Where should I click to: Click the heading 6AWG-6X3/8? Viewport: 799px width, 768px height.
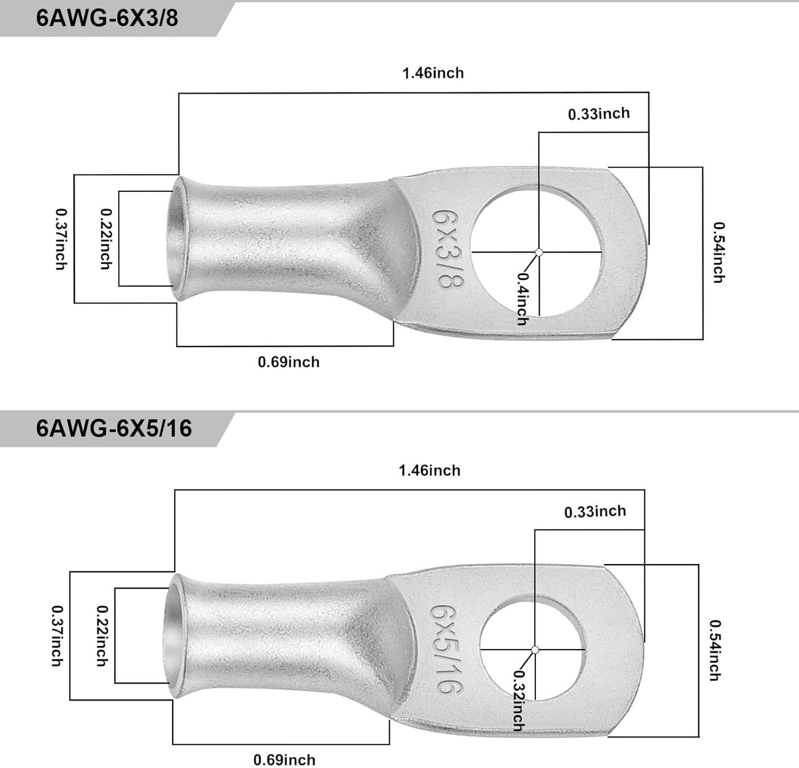[107, 18]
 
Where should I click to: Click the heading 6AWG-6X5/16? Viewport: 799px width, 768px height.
[114, 429]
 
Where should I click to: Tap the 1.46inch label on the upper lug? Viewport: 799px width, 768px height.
[433, 73]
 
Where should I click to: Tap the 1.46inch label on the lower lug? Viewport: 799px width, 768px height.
[430, 471]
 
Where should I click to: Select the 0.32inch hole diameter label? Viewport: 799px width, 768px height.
[519, 700]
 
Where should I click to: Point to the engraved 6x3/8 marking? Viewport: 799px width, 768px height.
[448, 248]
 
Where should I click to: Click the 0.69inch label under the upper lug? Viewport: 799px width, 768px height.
[289, 362]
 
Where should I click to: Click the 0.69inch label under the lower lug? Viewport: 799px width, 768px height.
[284, 760]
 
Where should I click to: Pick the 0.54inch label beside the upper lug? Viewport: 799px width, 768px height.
[718, 252]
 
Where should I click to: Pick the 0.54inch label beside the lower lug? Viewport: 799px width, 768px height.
[715, 650]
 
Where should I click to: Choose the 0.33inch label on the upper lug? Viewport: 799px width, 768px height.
[599, 114]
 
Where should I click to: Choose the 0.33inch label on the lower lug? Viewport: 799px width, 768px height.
[595, 512]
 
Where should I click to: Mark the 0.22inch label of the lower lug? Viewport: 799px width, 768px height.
[102, 635]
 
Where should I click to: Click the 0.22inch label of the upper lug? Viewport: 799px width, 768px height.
[105, 239]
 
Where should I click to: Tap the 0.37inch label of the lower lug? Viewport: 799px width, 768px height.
[56, 635]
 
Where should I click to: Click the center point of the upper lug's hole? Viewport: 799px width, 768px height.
[539, 253]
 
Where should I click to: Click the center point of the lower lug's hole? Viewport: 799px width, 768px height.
[535, 650]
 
